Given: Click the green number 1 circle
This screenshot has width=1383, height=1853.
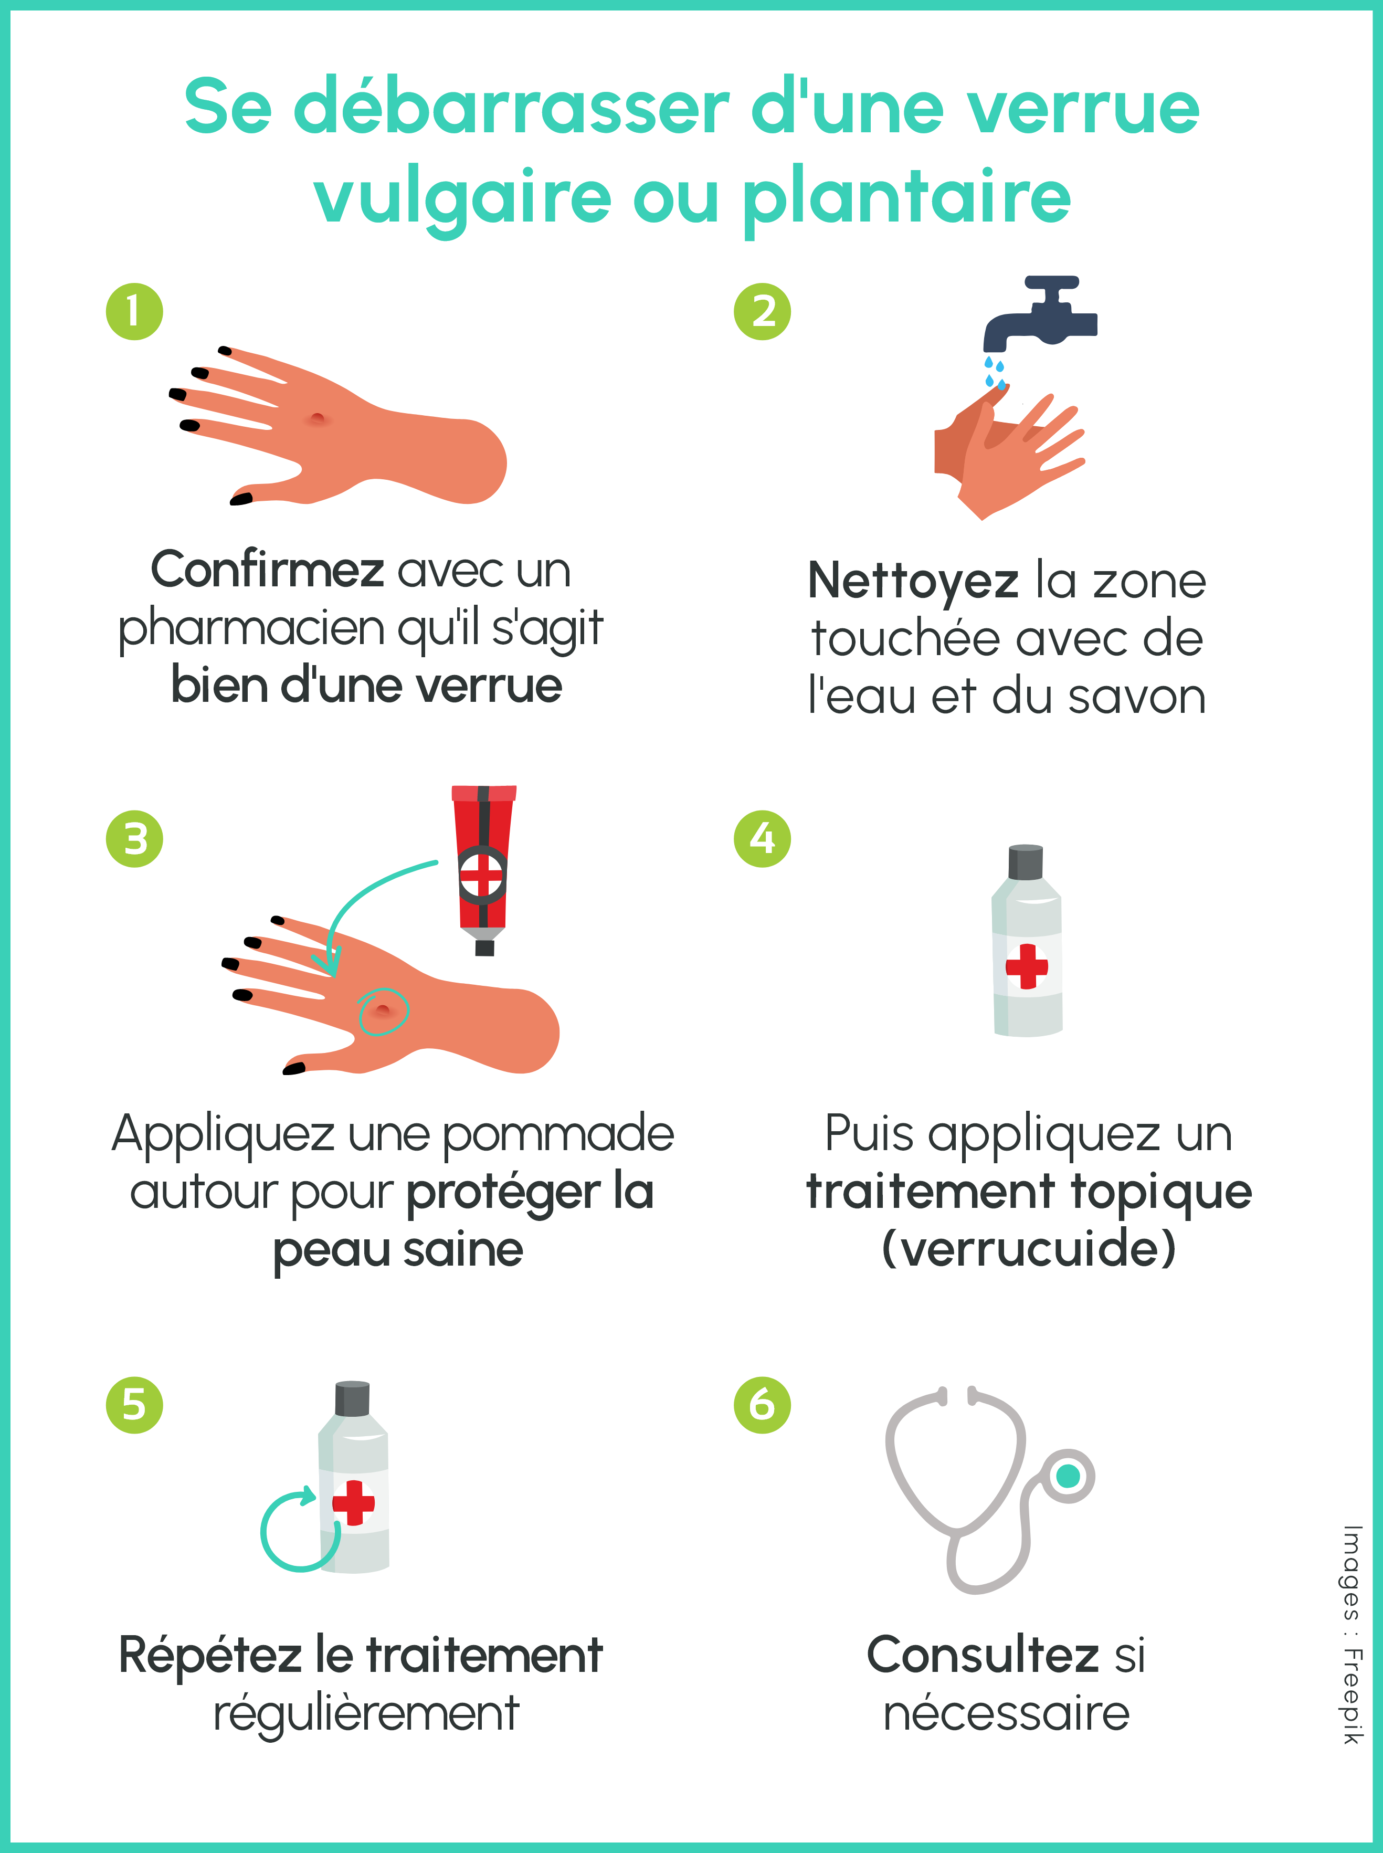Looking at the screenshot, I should click(x=134, y=311).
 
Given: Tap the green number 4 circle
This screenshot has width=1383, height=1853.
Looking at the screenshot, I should click(x=762, y=838).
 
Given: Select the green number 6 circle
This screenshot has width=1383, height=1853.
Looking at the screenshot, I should click(x=762, y=1405).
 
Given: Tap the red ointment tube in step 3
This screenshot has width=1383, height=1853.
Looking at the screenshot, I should click(x=483, y=862).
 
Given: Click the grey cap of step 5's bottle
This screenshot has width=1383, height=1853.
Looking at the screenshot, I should click(x=353, y=1399).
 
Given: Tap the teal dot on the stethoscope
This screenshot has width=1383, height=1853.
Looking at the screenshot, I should click(x=1068, y=1476).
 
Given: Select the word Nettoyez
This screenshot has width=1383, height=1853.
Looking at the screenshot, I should click(x=913, y=581).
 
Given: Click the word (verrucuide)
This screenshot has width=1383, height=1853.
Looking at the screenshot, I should click(x=1029, y=1248).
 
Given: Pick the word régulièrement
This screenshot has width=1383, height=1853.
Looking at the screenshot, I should click(x=366, y=1713).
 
